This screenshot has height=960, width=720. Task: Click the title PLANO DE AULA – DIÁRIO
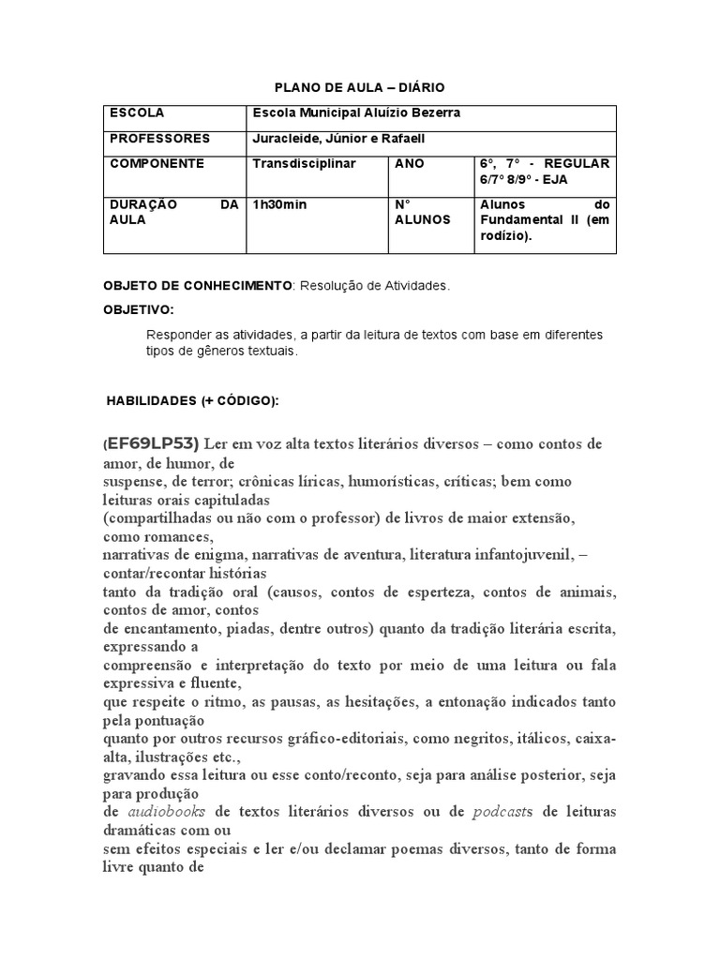pos(359,87)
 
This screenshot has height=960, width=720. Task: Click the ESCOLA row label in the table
pos(137,113)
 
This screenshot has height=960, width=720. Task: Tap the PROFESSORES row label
pos(160,139)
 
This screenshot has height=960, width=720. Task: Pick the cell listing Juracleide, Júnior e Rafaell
pos(339,139)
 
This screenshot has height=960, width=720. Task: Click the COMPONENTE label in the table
pos(157,163)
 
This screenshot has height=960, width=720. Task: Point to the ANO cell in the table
pos(410,163)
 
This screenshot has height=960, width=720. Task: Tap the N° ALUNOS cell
pos(423,212)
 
